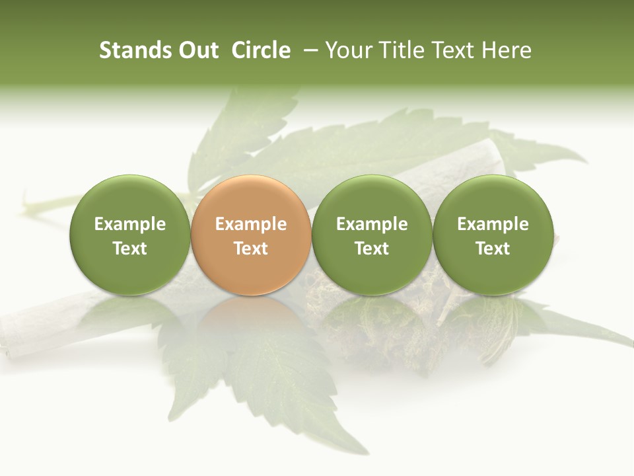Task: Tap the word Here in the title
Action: pyautogui.click(x=507, y=50)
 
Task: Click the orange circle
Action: pyautogui.click(x=250, y=235)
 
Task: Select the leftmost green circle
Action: pyautogui.click(x=129, y=235)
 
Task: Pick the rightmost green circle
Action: pyautogui.click(x=493, y=235)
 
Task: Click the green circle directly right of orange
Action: pyautogui.click(x=372, y=235)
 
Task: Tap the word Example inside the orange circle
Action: pyautogui.click(x=251, y=224)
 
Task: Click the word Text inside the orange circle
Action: pyautogui.click(x=251, y=249)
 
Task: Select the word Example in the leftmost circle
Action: pyautogui.click(x=130, y=224)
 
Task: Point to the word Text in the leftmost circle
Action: pyautogui.click(x=130, y=249)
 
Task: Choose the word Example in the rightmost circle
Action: pyautogui.click(x=493, y=224)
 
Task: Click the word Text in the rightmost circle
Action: pyautogui.click(x=493, y=249)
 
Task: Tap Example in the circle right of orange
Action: pyautogui.click(x=372, y=224)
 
